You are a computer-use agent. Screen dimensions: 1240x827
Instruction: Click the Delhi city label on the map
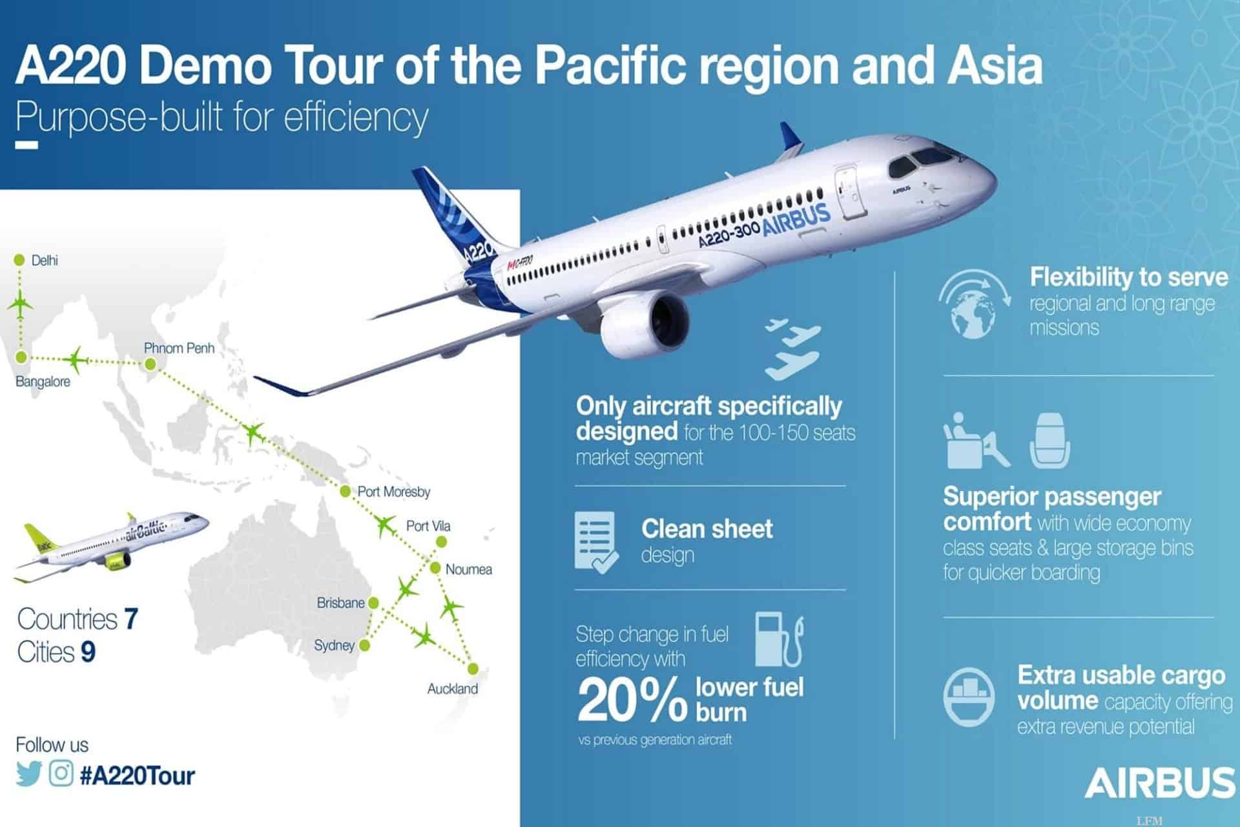click(x=45, y=260)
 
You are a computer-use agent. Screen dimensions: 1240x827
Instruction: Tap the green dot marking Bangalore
click(x=21, y=357)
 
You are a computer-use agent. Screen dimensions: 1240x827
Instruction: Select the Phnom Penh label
click(x=179, y=348)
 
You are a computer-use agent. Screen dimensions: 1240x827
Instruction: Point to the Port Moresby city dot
click(x=345, y=492)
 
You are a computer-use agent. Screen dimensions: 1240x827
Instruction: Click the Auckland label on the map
click(x=453, y=689)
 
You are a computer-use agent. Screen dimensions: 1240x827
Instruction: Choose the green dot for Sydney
click(x=364, y=645)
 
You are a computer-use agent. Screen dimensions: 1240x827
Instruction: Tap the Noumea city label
click(x=469, y=569)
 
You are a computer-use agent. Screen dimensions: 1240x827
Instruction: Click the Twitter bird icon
click(x=29, y=774)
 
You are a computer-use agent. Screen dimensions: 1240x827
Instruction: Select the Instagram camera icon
click(x=61, y=773)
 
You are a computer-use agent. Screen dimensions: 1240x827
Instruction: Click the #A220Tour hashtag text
click(x=137, y=775)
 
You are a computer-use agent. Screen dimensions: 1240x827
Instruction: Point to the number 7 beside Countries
click(x=131, y=619)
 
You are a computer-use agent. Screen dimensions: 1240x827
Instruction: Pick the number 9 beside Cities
click(x=88, y=652)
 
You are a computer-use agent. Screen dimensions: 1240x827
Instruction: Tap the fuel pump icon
click(x=780, y=640)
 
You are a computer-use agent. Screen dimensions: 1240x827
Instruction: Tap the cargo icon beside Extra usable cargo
click(x=969, y=697)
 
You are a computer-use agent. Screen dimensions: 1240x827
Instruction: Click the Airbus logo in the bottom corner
click(x=1160, y=782)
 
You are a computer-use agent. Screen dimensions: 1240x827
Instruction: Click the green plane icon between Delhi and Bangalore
click(x=21, y=304)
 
